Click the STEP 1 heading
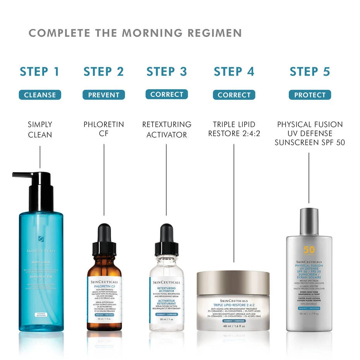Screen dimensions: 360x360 [x=39, y=72]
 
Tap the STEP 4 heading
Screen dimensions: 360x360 [x=234, y=72]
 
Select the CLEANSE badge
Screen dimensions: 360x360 [x=40, y=95]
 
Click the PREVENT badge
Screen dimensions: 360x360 [x=104, y=95]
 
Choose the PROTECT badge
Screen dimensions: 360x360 [x=310, y=95]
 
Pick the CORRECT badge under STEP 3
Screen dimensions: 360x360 [x=167, y=94]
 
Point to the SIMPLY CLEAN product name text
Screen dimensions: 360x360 [x=40, y=130]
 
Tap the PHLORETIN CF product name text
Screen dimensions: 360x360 [x=104, y=130]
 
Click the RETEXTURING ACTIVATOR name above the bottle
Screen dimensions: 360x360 [x=167, y=130]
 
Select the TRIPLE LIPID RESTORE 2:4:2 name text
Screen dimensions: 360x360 [x=234, y=129]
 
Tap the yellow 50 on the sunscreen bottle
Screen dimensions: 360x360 [x=309, y=250]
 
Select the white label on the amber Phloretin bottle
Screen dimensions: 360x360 [x=104, y=298]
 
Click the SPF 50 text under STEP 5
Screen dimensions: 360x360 [x=330, y=142]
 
